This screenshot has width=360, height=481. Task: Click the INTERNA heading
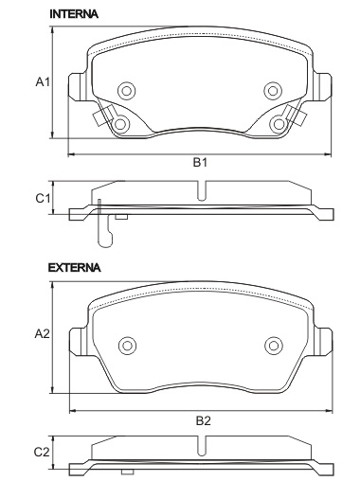[74, 14]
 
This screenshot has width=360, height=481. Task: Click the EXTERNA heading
[75, 268]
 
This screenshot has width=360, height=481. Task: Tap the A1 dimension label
[43, 82]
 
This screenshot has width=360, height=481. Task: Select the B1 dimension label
[200, 163]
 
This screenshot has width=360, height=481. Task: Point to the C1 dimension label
[43, 199]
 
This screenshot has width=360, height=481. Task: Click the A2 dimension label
[43, 334]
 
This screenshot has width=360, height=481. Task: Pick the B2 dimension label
[203, 420]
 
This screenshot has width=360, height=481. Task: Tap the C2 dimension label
[42, 453]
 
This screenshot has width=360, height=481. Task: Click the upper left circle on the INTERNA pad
[127, 91]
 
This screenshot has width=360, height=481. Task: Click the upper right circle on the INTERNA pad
[273, 91]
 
